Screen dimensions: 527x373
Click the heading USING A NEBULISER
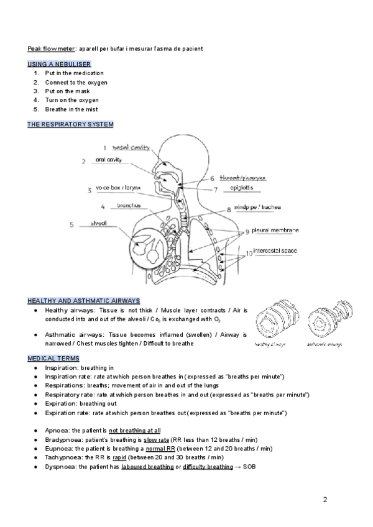60,64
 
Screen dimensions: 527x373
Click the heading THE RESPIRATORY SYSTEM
70,124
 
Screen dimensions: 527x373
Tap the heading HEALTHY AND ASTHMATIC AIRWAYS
84,300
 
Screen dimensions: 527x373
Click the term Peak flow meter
52,48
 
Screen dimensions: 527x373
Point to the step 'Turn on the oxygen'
71,100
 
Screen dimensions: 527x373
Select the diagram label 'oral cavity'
108,159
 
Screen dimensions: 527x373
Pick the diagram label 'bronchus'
129,206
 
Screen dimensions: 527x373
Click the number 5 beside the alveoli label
71,225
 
